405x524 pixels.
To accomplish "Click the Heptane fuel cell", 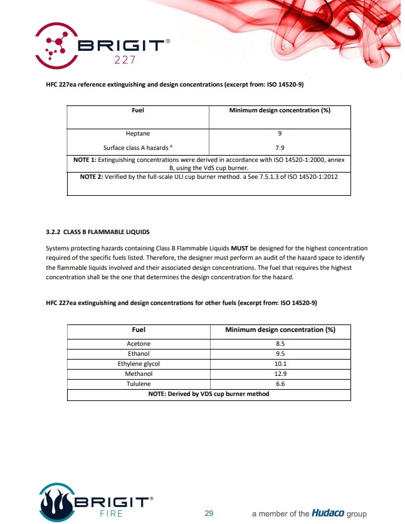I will coord(138,133).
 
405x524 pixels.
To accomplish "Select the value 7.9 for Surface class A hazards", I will coord(280,148).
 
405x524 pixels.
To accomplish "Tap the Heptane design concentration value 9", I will coord(280,133).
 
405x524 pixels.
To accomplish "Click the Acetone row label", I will coord(139,344).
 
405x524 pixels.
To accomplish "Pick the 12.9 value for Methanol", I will coord(280,374).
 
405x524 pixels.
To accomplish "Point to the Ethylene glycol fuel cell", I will coord(139,364).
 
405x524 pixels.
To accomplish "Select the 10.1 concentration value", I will coord(280,364).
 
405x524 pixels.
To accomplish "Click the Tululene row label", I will coord(139,384).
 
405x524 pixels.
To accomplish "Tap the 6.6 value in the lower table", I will coord(280,384).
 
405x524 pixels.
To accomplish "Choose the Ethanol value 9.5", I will coord(280,354).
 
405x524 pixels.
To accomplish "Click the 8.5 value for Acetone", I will coord(280,344).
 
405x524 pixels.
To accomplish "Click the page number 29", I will coord(209,513).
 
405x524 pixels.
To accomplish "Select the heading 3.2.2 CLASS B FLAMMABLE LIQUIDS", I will coord(98,232).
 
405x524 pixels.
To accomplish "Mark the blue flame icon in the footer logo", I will coord(57,502).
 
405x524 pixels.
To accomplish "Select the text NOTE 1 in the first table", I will coord(85,160).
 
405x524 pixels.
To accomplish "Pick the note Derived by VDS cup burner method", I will coord(209,394).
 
